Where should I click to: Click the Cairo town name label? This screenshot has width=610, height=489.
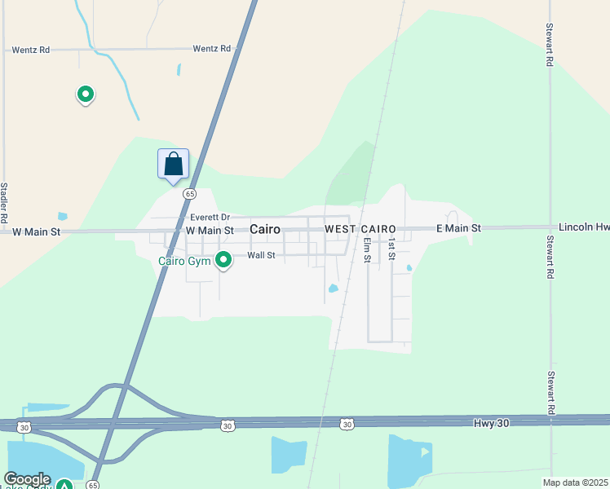click(x=265, y=230)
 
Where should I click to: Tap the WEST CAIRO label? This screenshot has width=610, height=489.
click(x=360, y=229)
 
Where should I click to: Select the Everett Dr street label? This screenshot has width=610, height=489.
click(x=210, y=218)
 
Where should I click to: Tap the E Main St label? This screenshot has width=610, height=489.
click(x=458, y=228)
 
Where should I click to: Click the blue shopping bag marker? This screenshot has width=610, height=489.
click(x=173, y=164)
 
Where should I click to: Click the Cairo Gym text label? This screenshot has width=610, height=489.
click(x=183, y=261)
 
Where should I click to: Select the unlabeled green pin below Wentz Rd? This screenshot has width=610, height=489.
click(x=85, y=95)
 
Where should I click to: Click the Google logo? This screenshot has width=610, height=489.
click(x=27, y=479)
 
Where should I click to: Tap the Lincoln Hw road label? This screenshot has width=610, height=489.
click(x=583, y=227)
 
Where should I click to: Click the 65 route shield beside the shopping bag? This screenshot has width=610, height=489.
click(x=189, y=194)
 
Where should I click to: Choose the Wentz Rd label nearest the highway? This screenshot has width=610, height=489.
click(x=212, y=49)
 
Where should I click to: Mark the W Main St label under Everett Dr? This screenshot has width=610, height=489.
click(x=210, y=231)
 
